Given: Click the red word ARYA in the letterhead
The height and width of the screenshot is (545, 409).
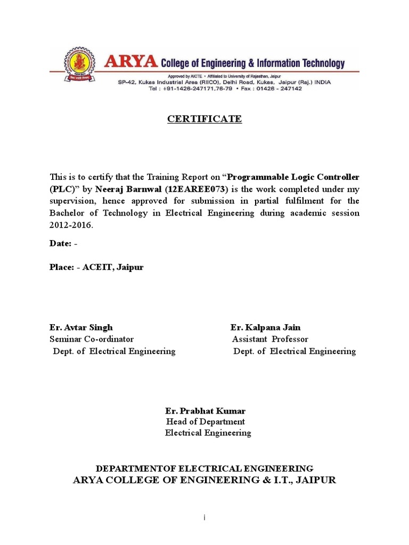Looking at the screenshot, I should pyautogui.click(x=131, y=62).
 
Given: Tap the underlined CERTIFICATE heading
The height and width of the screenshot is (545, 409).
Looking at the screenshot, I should pyautogui.click(x=204, y=119).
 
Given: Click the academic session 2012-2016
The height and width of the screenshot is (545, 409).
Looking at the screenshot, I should pyautogui.click(x=71, y=225).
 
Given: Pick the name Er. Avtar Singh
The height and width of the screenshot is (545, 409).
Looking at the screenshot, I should pyautogui.click(x=81, y=327).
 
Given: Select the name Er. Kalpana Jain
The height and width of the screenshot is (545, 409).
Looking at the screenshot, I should pyautogui.click(x=265, y=327).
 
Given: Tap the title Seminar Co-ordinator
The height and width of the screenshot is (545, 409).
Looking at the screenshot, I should pyautogui.click(x=92, y=339).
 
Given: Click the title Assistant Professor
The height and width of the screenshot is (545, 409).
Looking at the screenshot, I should pyautogui.click(x=270, y=339).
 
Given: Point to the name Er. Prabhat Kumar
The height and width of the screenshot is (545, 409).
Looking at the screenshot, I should pyautogui.click(x=205, y=411).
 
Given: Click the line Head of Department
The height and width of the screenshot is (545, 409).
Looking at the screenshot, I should pyautogui.click(x=205, y=422).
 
